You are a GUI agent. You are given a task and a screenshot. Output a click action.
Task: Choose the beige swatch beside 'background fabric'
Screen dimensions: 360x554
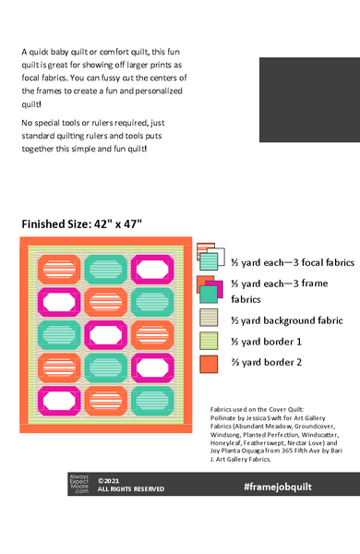point(210,318)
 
